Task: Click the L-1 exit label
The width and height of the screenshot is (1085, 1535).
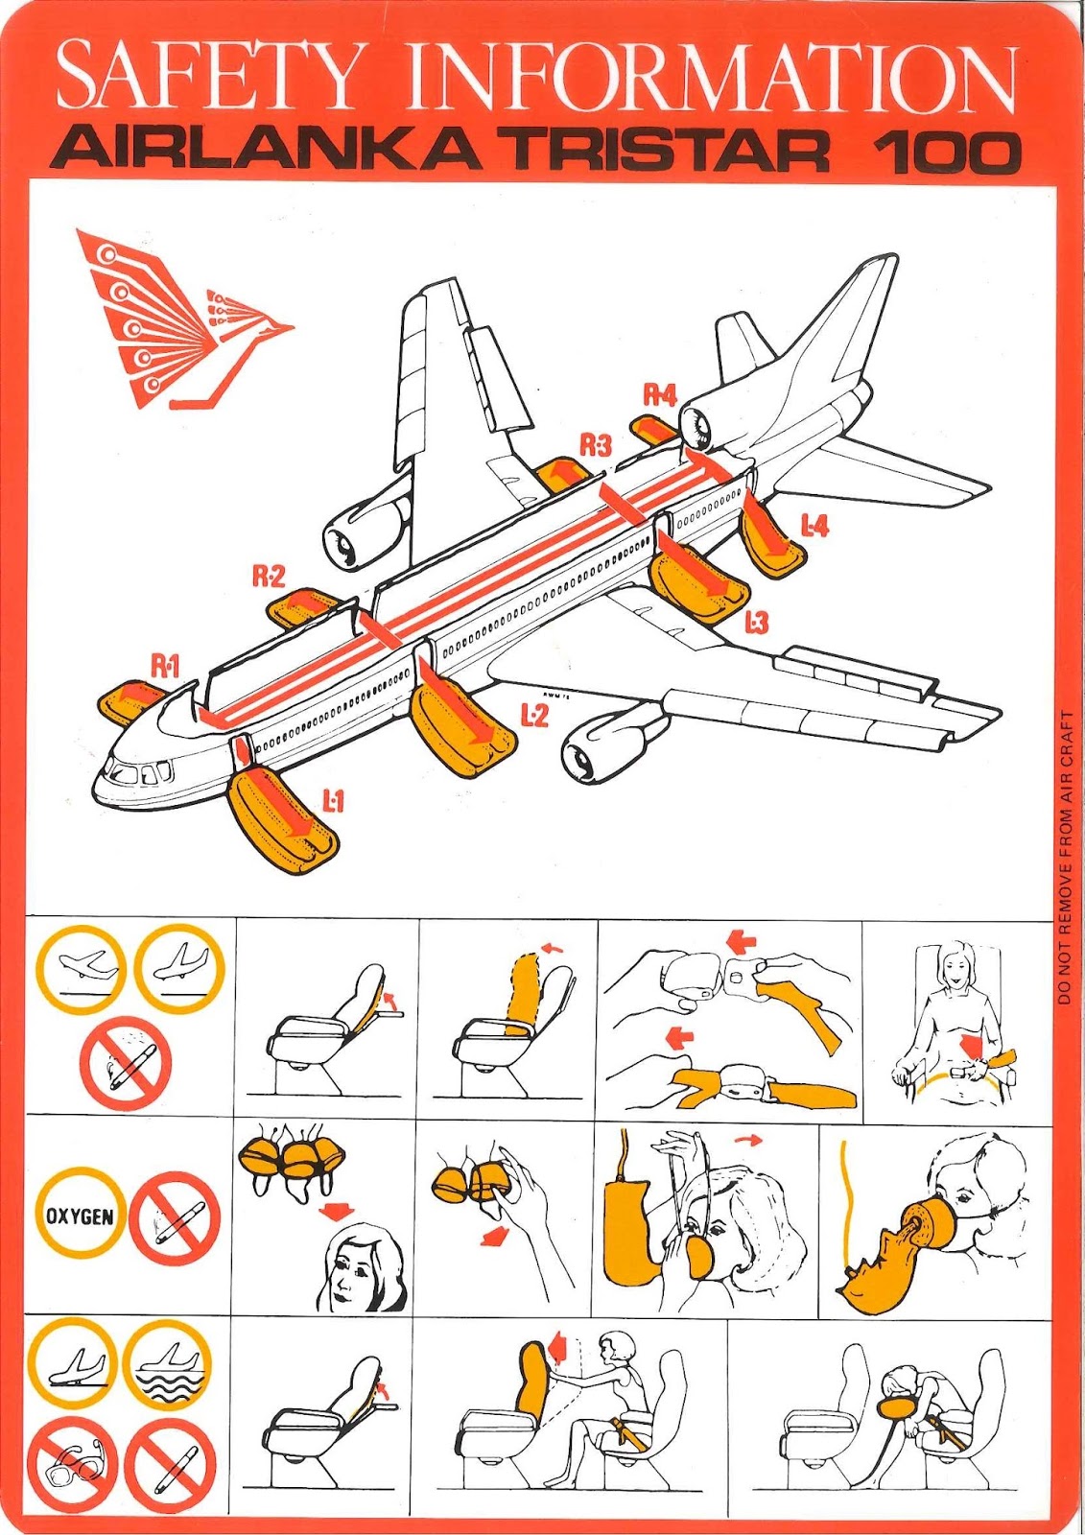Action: tap(333, 800)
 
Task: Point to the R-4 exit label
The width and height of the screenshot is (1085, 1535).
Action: tap(659, 394)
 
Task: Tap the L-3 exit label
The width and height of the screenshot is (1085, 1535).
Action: tap(756, 624)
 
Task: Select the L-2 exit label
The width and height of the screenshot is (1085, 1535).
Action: tap(534, 715)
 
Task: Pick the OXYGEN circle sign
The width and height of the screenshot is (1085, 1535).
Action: tap(81, 1216)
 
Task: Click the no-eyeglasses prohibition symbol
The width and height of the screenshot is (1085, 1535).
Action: tap(74, 1465)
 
